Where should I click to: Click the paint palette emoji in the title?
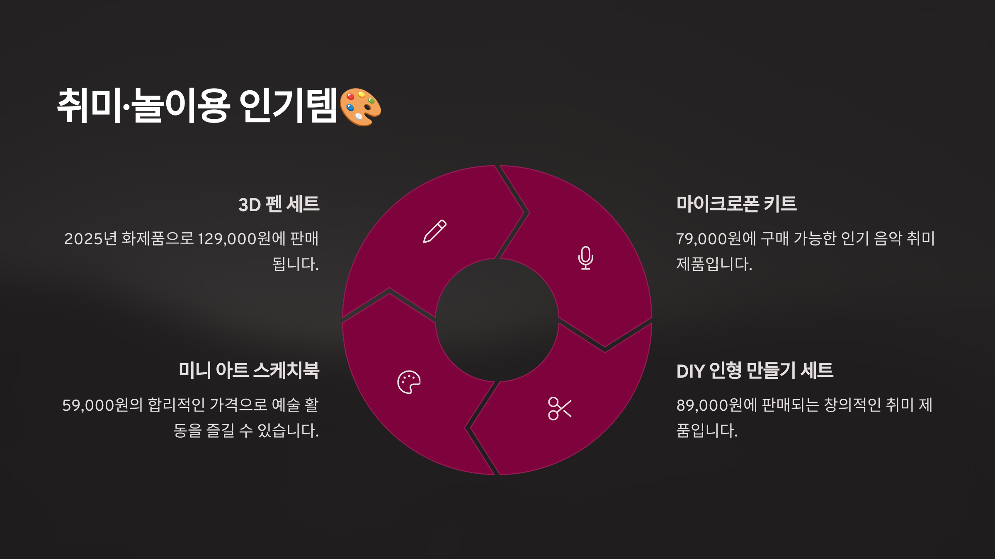(360, 107)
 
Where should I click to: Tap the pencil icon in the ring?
(434, 231)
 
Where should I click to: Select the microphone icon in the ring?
(585, 258)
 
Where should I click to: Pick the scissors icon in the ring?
(559, 408)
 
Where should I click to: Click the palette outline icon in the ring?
(409, 382)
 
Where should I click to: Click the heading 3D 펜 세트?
(279, 205)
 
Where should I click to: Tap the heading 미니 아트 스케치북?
(249, 371)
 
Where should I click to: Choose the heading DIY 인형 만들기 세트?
(755, 371)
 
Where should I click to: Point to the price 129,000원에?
(241, 239)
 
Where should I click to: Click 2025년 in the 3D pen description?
(91, 239)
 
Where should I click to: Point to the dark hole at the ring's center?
(497, 320)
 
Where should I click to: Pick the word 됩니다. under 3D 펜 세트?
(296, 264)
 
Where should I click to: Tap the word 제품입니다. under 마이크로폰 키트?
(714, 264)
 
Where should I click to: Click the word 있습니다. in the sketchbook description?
(288, 431)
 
